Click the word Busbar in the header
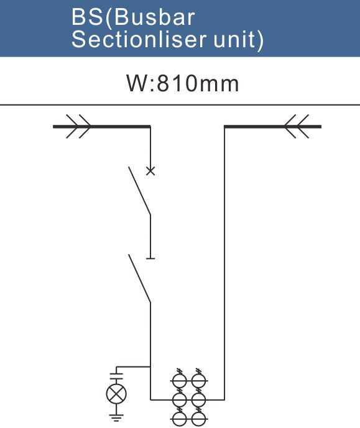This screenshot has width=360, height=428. [x=154, y=17]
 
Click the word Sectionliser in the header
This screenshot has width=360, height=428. [x=138, y=39]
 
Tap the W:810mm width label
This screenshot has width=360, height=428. [x=182, y=83]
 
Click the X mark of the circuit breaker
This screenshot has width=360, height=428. [x=150, y=171]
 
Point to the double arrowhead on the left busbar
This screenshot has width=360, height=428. [x=78, y=126]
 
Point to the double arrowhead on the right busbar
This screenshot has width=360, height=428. [x=297, y=126]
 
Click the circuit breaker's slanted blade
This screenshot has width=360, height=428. [x=139, y=191]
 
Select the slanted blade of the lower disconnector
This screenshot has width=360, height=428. [x=139, y=278]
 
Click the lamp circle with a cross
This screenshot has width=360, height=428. [x=116, y=394]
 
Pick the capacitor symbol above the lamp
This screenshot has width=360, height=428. [x=116, y=376]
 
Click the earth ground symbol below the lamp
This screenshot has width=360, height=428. [x=116, y=418]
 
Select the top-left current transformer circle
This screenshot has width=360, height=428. [x=180, y=381]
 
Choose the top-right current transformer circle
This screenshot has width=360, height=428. [x=198, y=381]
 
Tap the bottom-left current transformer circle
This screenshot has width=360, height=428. [x=180, y=419]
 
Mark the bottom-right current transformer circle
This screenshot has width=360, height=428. [x=198, y=419]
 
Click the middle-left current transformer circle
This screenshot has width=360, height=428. [x=180, y=400]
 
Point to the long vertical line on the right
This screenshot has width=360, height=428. [x=224, y=263]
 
